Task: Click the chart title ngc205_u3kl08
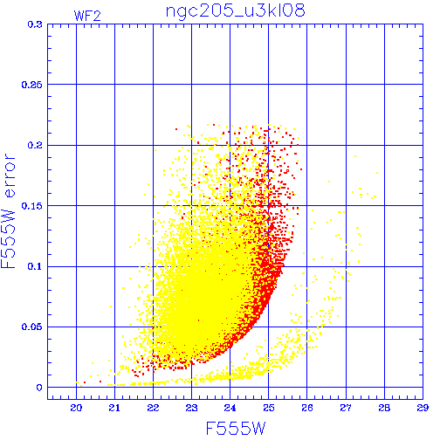235,11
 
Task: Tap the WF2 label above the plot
87,16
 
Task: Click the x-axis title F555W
236,428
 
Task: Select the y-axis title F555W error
8,211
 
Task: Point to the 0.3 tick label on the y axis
35,24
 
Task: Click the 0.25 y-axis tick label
32,85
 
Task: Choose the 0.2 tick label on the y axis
35,145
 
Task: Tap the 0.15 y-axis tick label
32,206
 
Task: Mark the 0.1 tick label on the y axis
35,266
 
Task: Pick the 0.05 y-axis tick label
32,327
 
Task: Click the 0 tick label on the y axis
39,388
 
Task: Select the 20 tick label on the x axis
76,408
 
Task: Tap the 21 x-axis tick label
114,408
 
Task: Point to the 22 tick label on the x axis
153,408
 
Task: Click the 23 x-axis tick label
191,408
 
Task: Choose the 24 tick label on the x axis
230,408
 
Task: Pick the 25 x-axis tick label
269,408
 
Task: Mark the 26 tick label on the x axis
307,408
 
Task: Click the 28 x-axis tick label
384,408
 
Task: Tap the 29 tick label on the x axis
423,408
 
